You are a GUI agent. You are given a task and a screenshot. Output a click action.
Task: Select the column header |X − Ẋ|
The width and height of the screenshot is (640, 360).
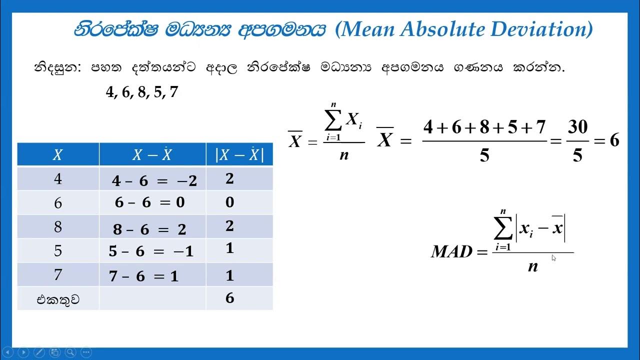(x=239, y=155)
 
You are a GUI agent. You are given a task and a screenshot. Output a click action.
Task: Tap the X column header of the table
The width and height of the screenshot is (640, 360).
(x=57, y=155)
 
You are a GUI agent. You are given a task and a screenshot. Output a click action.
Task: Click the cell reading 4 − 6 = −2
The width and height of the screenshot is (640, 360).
(x=154, y=180)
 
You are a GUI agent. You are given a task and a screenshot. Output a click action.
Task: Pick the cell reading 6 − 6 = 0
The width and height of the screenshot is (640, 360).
(x=149, y=202)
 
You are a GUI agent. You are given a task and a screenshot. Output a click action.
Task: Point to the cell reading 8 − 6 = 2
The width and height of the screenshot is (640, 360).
(x=149, y=229)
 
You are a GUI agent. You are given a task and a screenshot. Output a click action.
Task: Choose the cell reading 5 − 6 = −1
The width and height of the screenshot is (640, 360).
(x=151, y=251)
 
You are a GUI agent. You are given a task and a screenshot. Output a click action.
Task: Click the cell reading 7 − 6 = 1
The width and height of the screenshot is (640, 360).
(x=144, y=275)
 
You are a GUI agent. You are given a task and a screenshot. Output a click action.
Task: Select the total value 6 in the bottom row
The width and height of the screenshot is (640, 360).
(x=229, y=298)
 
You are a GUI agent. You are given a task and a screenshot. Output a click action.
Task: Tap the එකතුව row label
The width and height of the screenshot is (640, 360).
(x=58, y=299)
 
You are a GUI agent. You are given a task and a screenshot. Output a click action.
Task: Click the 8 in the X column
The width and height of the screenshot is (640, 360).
(x=58, y=227)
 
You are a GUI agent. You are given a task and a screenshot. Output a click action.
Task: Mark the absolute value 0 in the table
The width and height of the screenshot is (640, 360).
(x=229, y=202)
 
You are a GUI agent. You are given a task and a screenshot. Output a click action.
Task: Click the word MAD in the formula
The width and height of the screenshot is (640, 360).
(x=451, y=251)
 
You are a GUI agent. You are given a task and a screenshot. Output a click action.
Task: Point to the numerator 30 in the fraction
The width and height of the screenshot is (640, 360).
(x=577, y=127)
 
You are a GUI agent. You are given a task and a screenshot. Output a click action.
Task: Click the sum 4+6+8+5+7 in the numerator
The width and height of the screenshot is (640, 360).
(x=484, y=127)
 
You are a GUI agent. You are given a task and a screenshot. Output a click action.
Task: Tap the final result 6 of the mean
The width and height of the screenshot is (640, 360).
(x=614, y=140)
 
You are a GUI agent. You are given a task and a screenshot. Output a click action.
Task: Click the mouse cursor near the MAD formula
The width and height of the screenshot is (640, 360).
(x=554, y=258)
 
